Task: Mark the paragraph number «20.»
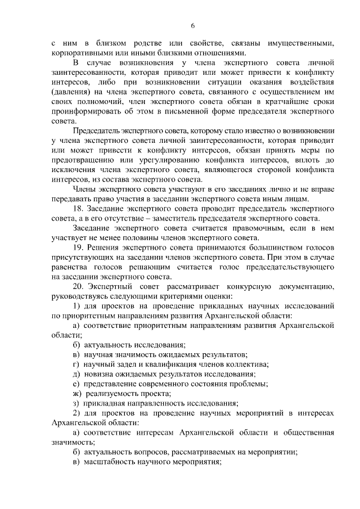click(x=79, y=287)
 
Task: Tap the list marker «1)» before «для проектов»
click(x=78, y=307)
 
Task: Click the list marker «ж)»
click(x=78, y=394)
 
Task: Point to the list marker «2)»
click(x=78, y=413)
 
